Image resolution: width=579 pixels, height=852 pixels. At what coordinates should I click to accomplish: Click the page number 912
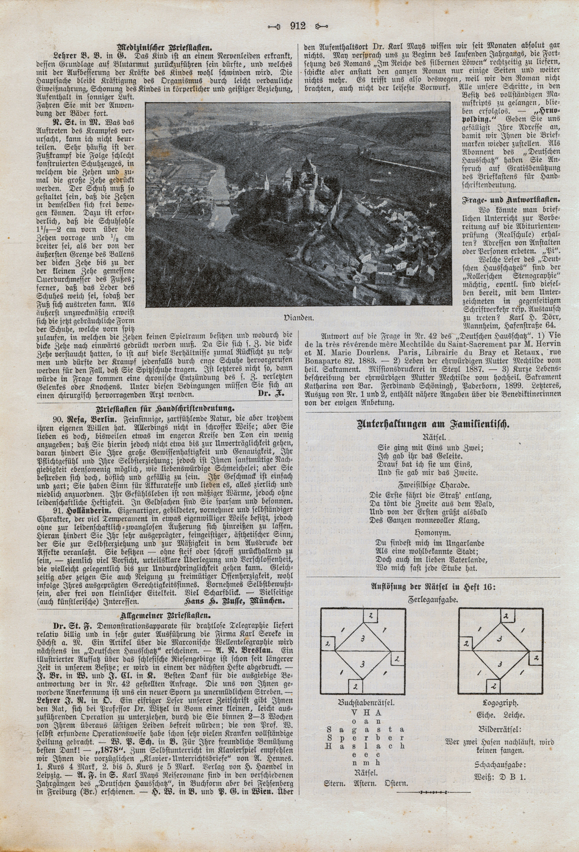(x=297, y=26)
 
